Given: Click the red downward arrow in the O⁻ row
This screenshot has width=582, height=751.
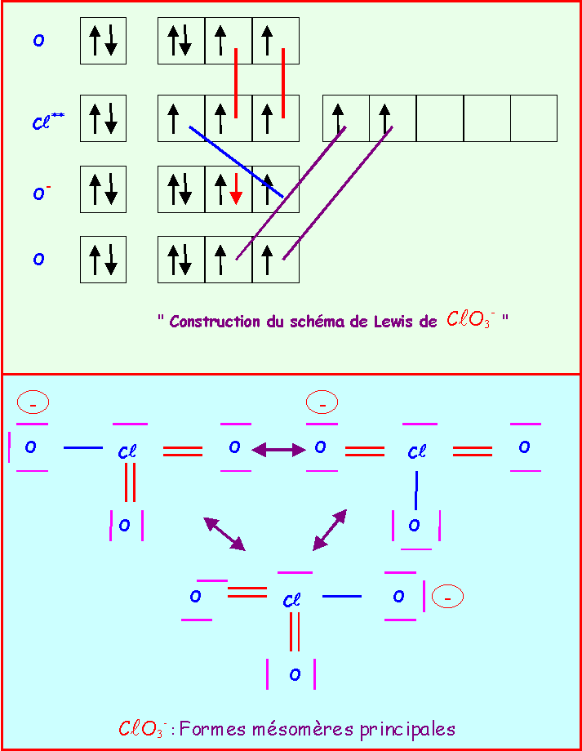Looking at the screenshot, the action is tap(236, 189).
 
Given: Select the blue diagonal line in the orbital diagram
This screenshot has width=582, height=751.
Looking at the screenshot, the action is tap(237, 162).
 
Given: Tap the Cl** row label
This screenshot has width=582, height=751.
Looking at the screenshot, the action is tap(48, 120).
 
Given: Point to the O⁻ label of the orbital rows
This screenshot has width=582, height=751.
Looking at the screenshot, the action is tap(42, 192).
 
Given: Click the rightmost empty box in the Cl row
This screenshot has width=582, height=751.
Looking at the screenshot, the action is tap(534, 118).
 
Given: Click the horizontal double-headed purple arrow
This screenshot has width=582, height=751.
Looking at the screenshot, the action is tap(279, 450).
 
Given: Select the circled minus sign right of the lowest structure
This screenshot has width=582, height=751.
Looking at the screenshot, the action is tap(447, 597).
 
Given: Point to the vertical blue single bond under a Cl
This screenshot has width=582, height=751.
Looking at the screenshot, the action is tap(416, 491).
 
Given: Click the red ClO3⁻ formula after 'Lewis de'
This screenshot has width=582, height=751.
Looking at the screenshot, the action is tap(470, 319).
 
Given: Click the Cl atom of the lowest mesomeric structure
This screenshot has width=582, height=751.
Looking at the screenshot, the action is tap(291, 600).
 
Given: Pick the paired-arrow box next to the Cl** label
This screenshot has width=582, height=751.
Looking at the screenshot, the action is tap(103, 118).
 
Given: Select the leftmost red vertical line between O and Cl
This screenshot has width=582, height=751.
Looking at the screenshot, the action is tap(236, 83).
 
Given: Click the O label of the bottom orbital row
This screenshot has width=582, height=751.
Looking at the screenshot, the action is tap(39, 259).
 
